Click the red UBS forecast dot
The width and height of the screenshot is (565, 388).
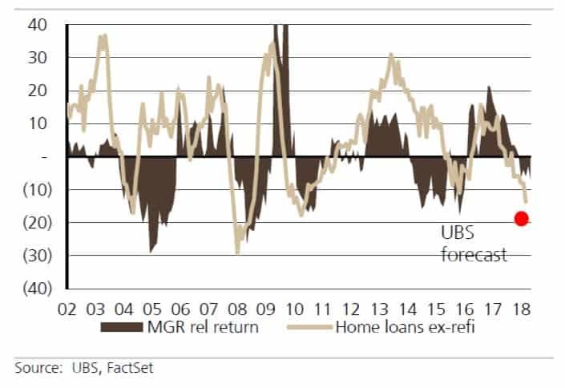click(x=521, y=218)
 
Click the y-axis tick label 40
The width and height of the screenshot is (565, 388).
click(x=38, y=26)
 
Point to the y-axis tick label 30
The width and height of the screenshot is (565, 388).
click(x=38, y=59)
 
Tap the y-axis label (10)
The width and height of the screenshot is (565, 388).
click(x=34, y=190)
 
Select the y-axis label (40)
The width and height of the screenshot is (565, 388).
click(x=34, y=288)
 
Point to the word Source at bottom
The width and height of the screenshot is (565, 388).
click(x=34, y=368)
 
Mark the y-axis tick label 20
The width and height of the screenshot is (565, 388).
click(x=38, y=91)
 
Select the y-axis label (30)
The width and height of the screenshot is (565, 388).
click(x=34, y=255)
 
